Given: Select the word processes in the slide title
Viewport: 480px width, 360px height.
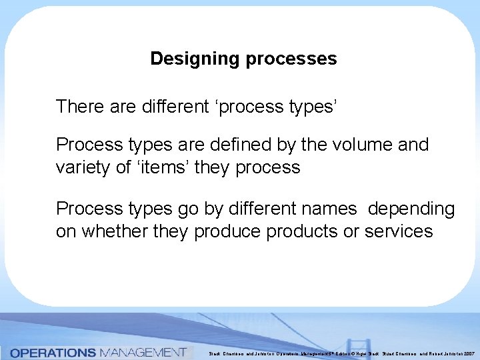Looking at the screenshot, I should pyautogui.click(x=291, y=59).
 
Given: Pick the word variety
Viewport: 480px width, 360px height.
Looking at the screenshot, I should pyautogui.click(x=83, y=167).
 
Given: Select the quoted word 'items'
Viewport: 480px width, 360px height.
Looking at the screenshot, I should pyautogui.click(x=163, y=167).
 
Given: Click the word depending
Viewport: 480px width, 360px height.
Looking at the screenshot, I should pyautogui.click(x=413, y=209).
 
